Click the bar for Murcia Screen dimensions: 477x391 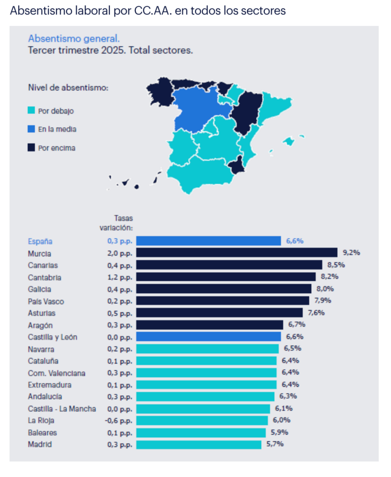click(x=237, y=252)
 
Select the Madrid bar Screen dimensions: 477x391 click(x=198, y=444)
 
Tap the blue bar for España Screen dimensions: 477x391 click(x=208, y=241)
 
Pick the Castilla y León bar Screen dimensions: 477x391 click(x=208, y=337)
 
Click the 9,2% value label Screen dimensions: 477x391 click(x=351, y=252)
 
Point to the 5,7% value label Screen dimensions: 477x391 click(x=275, y=444)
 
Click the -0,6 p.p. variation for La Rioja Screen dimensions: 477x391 click(x=119, y=420)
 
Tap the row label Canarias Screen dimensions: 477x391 click(x=43, y=265)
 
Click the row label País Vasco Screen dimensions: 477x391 click(x=46, y=301)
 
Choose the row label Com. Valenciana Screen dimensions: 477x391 click(x=57, y=373)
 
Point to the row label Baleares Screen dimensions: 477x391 click(x=43, y=432)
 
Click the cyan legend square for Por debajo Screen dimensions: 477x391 click(x=31, y=111)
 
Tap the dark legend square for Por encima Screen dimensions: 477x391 click(x=31, y=148)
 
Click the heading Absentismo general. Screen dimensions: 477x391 click(x=73, y=38)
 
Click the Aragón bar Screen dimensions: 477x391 click(x=209, y=325)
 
